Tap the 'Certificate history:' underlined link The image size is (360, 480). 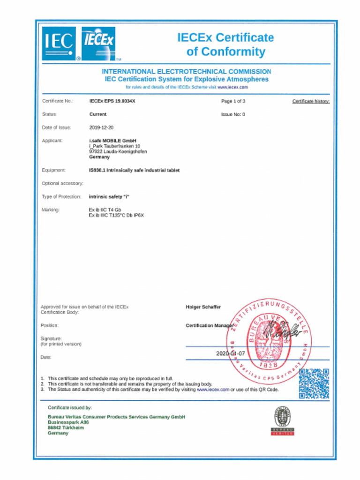[311, 101]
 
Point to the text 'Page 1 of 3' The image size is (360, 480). [233, 101]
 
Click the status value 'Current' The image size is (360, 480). [98, 114]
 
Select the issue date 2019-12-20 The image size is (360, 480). [101, 127]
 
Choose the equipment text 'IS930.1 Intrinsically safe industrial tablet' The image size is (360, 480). [134, 170]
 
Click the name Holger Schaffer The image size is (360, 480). [203, 307]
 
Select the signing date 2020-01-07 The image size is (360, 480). [230, 353]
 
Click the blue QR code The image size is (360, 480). [314, 383]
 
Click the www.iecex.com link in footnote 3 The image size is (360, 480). [213, 390]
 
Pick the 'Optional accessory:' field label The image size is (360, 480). [63, 183]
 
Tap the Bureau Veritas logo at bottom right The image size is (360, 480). [283, 420]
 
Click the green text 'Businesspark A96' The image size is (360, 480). [68, 422]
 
